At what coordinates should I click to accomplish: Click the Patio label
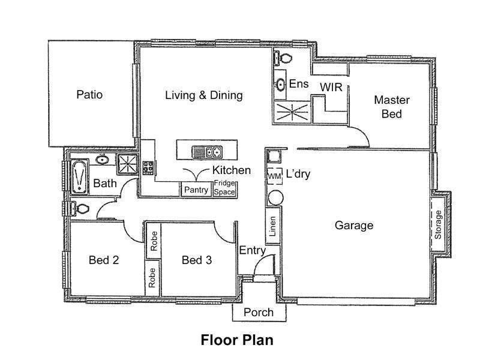click(x=89, y=94)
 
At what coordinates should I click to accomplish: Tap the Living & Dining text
click(x=204, y=95)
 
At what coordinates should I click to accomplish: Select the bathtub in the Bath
click(x=80, y=177)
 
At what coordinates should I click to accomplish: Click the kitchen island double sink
click(x=207, y=152)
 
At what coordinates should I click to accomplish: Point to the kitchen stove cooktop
click(x=148, y=168)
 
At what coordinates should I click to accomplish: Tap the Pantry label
click(x=196, y=190)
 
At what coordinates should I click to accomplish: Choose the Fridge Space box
click(x=224, y=188)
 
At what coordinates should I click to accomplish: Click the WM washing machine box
click(x=274, y=176)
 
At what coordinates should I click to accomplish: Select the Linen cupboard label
click(x=272, y=226)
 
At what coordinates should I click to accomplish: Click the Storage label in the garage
click(x=438, y=224)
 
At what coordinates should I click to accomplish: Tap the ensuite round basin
click(x=280, y=84)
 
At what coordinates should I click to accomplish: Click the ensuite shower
click(x=292, y=112)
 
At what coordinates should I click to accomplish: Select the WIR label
click(x=331, y=87)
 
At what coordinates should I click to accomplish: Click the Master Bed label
click(x=392, y=107)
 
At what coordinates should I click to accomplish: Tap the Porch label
click(x=259, y=312)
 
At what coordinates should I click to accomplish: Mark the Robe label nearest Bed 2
click(x=152, y=278)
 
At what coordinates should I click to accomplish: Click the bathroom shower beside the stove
click(x=128, y=164)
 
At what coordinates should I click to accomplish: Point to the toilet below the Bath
click(x=79, y=208)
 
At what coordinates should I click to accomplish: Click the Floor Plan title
click(x=237, y=340)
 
